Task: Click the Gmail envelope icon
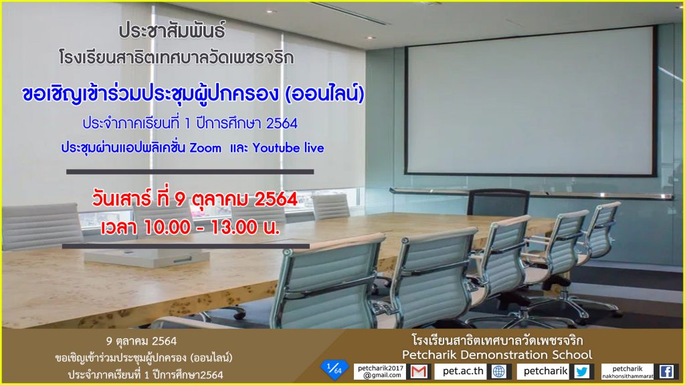tap(419, 372)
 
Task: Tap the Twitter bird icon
tap(582, 372)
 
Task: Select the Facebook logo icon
tap(666, 372)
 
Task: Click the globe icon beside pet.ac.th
tap(499, 372)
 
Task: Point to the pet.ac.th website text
tap(463, 371)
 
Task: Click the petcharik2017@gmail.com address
tap(380, 372)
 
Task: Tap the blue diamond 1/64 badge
tap(334, 370)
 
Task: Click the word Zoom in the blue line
tap(205, 148)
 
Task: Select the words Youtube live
tap(288, 148)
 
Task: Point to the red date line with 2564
tap(195, 199)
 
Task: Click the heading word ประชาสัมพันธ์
tap(172, 31)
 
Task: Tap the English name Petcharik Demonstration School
tap(497, 354)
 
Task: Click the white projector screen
tap(530, 101)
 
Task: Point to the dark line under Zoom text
tap(190, 172)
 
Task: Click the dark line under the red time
tap(186, 246)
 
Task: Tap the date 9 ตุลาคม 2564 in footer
tap(141, 341)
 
